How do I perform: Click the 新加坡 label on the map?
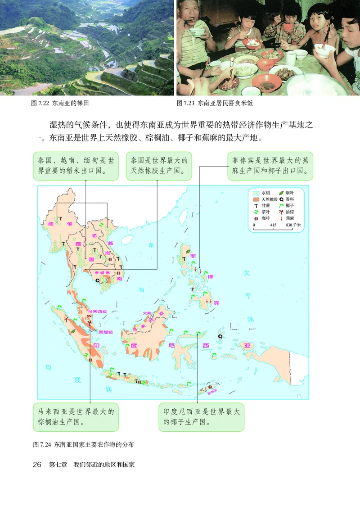(x=106, y=332)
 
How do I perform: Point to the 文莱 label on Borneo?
(x=147, y=313)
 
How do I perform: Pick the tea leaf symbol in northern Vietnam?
(x=102, y=224)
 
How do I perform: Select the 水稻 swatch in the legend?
(x=256, y=193)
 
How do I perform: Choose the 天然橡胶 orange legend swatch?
(x=256, y=199)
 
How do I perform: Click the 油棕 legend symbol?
(x=281, y=212)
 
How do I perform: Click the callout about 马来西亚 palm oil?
(x=76, y=417)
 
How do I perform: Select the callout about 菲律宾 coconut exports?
(x=270, y=166)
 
